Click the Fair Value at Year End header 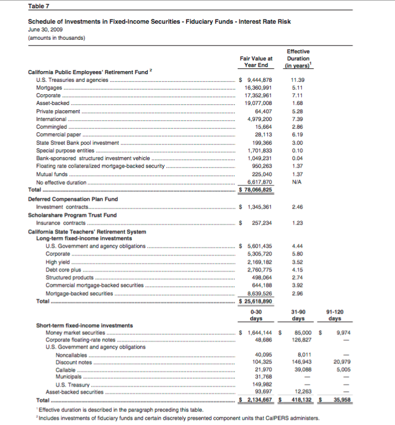click(256, 62)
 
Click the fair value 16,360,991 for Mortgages click(258, 87)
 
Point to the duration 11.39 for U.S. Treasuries click(298, 79)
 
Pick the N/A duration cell click(298, 183)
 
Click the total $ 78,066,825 click(255, 190)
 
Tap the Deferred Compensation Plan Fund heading click(65, 199)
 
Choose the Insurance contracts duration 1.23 click(298, 223)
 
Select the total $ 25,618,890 click(255, 301)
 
